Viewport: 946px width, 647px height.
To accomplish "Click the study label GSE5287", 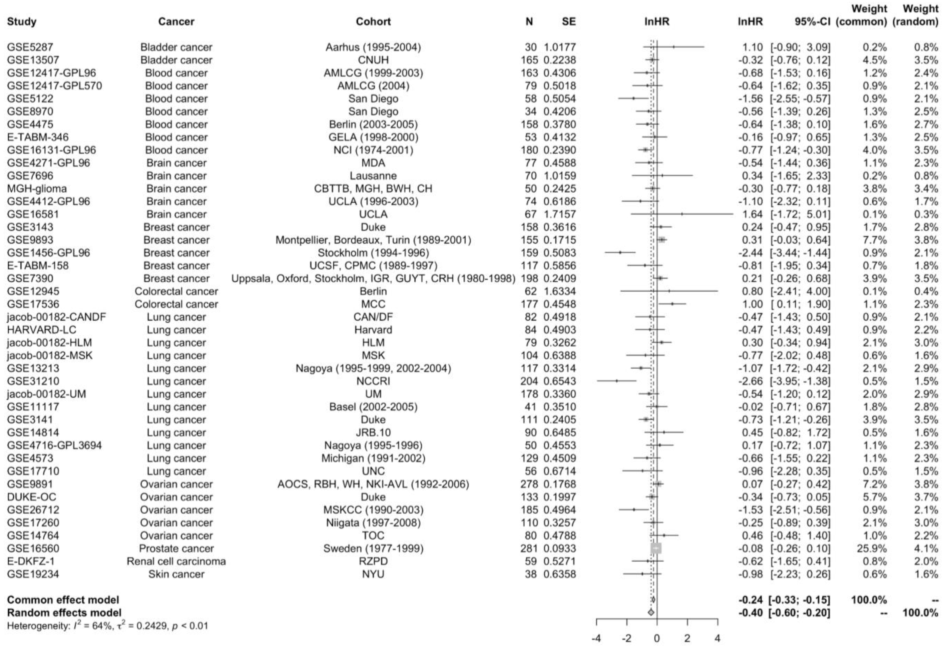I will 30,47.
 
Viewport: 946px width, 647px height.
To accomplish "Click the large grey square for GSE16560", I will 656,549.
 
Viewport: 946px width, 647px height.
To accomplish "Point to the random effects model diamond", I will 651,612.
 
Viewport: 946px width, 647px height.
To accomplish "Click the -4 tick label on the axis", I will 596,638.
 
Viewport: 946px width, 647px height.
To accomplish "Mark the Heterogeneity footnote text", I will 107,626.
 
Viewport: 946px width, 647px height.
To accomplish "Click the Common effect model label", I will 63,600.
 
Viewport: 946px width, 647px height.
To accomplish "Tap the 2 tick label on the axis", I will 687,638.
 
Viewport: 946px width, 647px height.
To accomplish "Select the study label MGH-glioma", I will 37,189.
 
